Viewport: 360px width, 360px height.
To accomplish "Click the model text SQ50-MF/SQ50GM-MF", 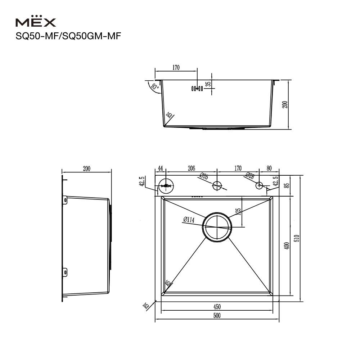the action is (67, 37).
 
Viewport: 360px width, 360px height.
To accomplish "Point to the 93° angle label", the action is (155, 87).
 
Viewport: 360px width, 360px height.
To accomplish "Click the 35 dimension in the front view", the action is (208, 85).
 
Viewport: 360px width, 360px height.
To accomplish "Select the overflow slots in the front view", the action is (197, 88).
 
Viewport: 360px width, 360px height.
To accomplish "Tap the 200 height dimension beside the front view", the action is (285, 104).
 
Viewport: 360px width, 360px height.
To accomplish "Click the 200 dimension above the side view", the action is (86, 168).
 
